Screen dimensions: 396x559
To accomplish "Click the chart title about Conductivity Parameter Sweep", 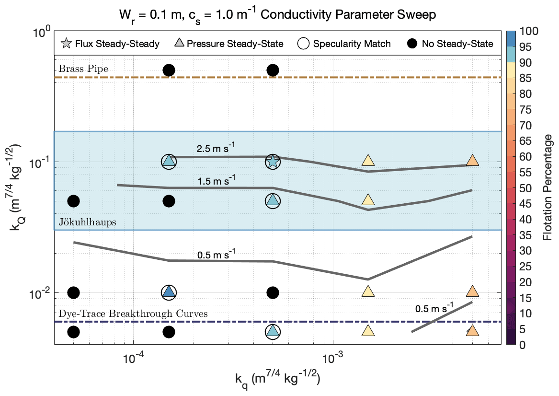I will click(x=277, y=14).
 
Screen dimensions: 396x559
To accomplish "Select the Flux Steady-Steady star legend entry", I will click(x=111, y=44).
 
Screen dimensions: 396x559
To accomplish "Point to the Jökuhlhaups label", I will click(x=88, y=222).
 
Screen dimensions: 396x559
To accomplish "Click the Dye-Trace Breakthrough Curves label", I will click(x=133, y=314).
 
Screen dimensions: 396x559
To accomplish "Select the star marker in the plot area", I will click(x=273, y=162).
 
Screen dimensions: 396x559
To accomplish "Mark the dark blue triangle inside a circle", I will click(x=168, y=291).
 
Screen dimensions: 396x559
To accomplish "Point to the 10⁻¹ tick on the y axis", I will click(x=39, y=162).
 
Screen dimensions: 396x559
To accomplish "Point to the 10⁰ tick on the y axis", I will click(x=41, y=33).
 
